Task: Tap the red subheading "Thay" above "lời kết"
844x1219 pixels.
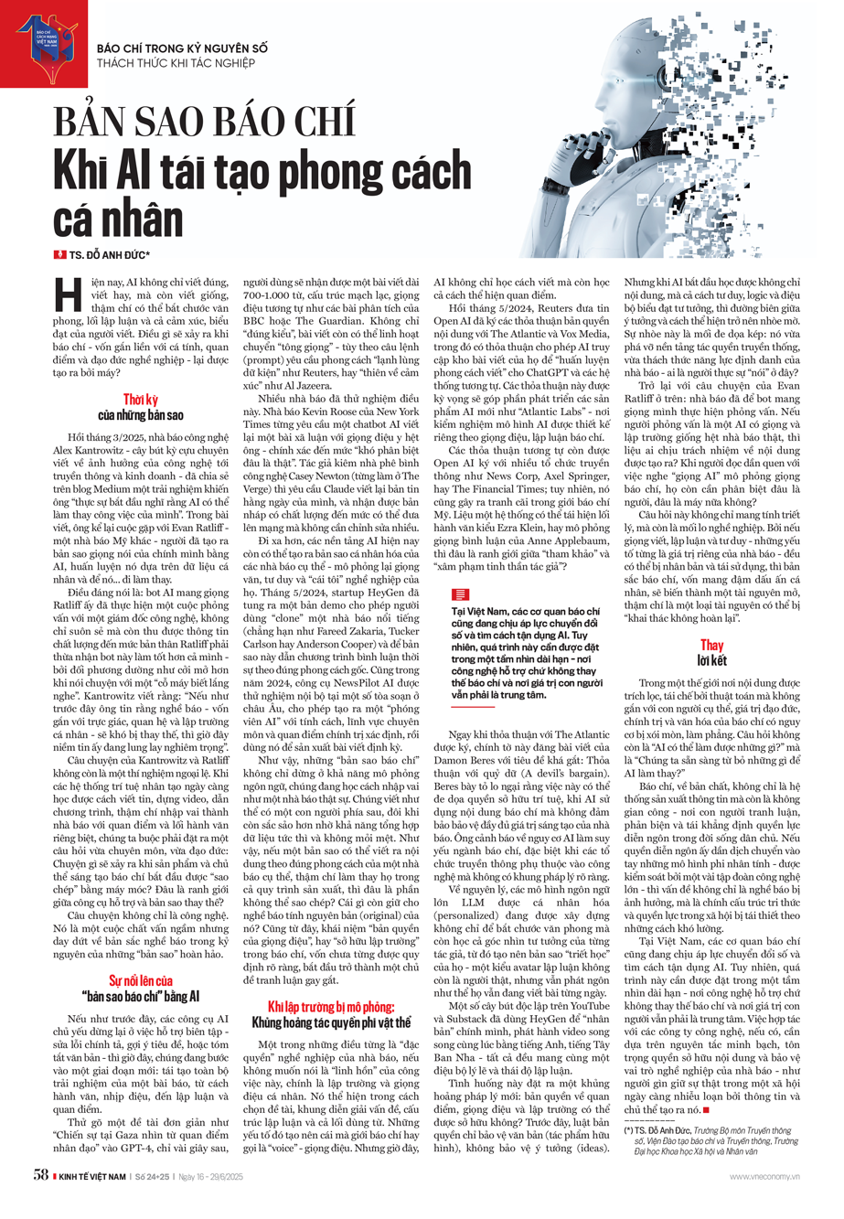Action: (711, 646)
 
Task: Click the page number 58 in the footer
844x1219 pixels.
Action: (39, 1175)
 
